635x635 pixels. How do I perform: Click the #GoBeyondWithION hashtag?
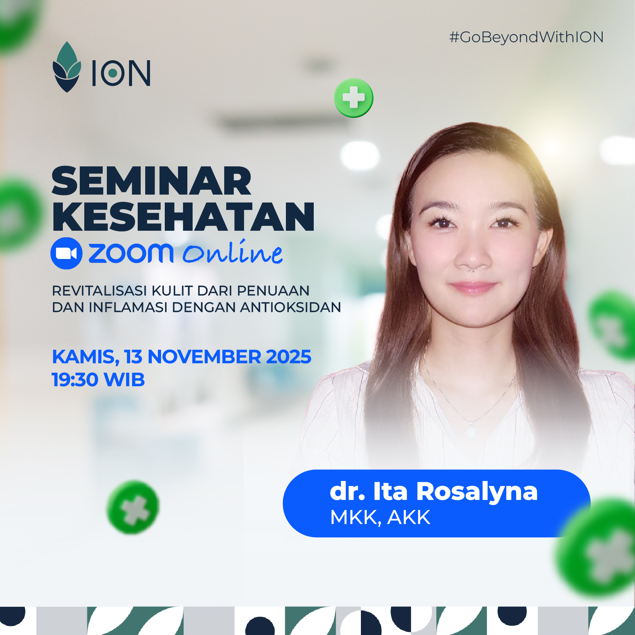click(x=526, y=37)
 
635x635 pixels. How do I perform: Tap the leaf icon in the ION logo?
click(x=67, y=67)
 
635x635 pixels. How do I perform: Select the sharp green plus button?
click(x=354, y=98)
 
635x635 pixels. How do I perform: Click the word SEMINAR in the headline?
click(x=151, y=181)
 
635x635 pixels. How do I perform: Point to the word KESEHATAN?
click(x=183, y=217)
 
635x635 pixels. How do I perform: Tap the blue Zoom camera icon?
click(x=67, y=253)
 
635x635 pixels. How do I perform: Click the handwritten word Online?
click(x=232, y=253)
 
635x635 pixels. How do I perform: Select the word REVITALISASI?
click(x=99, y=291)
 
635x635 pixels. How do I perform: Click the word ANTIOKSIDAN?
click(x=290, y=308)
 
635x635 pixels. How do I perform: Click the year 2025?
click(x=289, y=357)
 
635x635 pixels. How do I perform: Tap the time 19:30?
click(x=75, y=379)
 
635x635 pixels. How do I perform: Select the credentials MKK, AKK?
click(x=380, y=517)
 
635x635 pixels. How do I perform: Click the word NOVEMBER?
click(x=204, y=357)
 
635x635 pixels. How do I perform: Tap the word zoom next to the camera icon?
click(x=131, y=253)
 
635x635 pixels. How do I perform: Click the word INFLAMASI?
click(x=128, y=308)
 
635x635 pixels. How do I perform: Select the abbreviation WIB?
click(x=124, y=379)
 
